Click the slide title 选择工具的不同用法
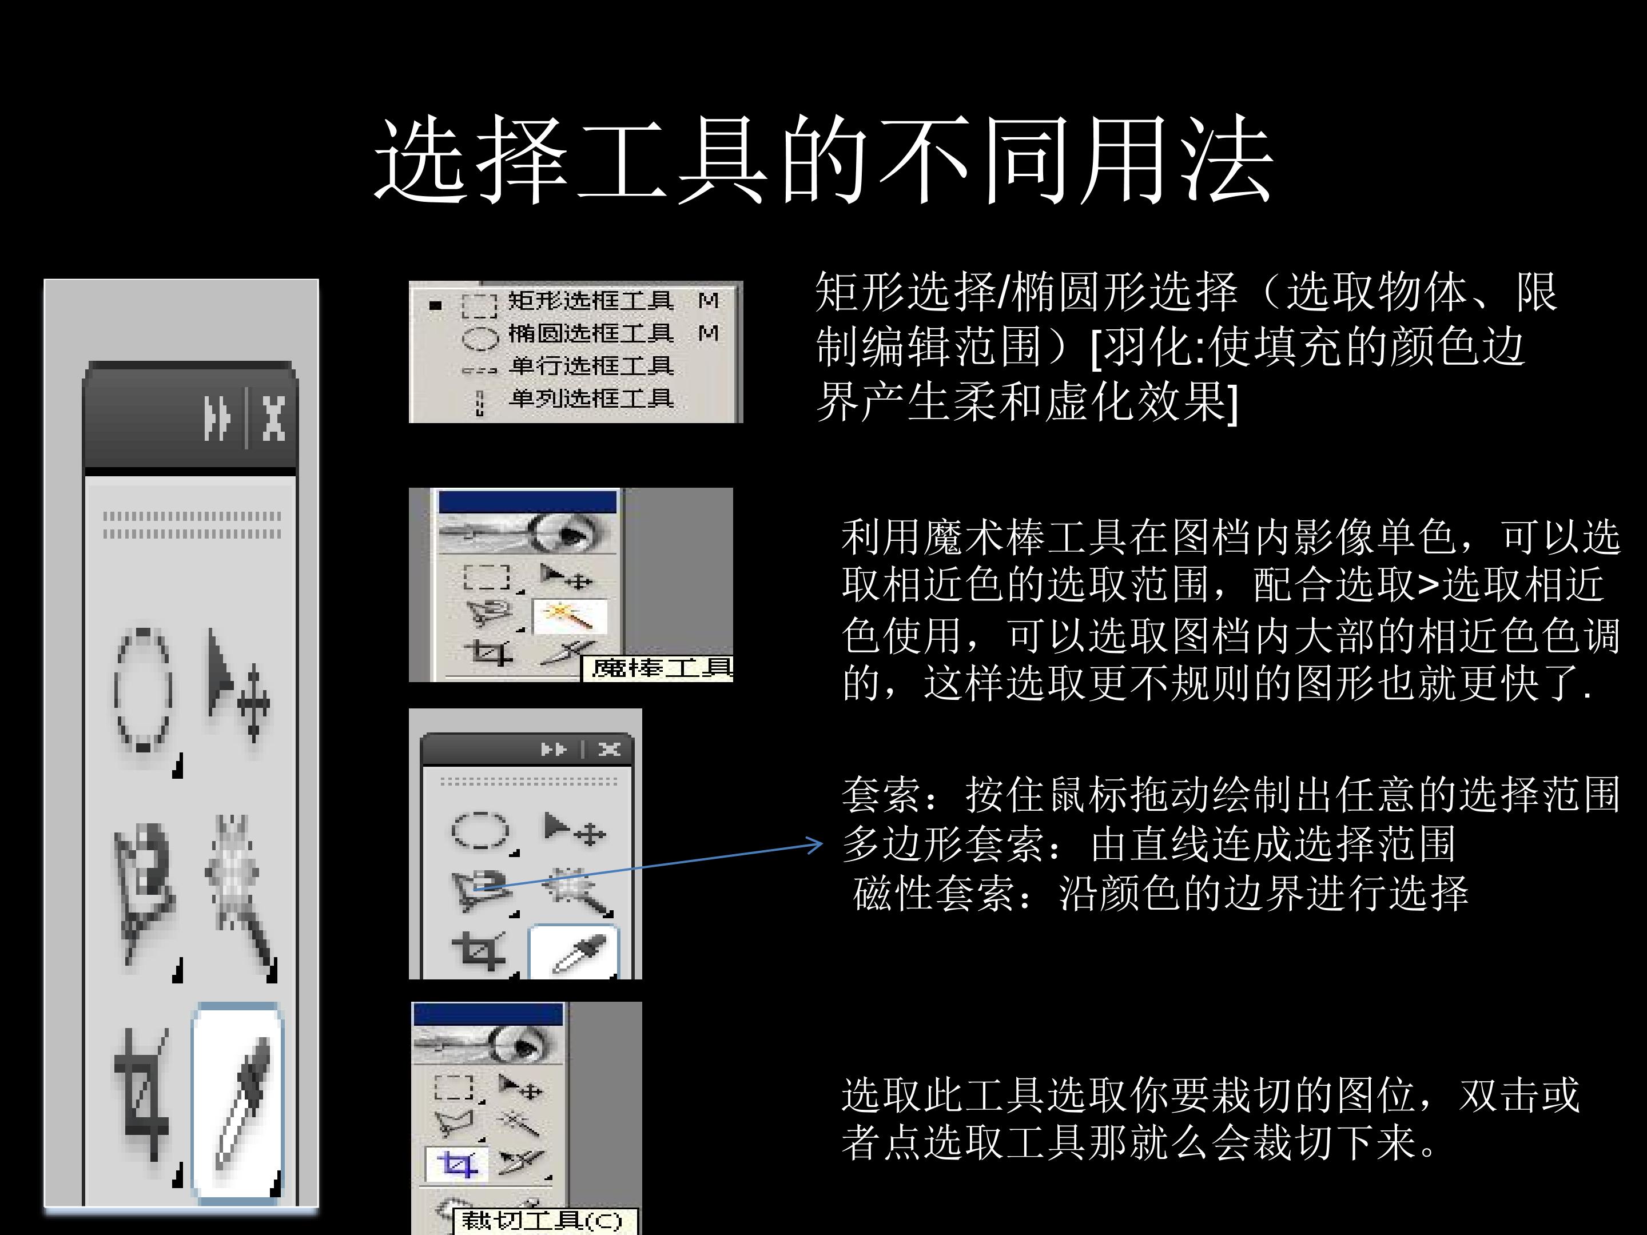[823, 160]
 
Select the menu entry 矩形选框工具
[590, 301]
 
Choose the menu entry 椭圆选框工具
[590, 333]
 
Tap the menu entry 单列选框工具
[590, 399]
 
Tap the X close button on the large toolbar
[274, 419]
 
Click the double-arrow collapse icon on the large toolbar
[217, 419]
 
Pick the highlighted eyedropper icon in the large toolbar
[237, 1102]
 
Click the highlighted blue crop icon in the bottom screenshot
[456, 1164]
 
